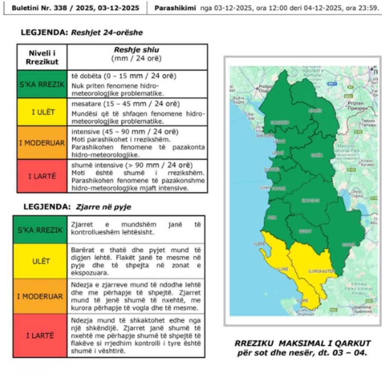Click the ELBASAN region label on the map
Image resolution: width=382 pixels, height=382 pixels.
tap(310, 200)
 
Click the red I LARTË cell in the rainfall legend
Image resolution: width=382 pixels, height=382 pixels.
tap(42, 176)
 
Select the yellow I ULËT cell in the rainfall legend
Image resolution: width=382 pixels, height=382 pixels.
tap(42, 112)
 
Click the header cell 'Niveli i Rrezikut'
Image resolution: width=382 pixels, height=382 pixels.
tap(42, 57)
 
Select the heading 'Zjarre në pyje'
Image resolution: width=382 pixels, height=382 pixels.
tap(104, 207)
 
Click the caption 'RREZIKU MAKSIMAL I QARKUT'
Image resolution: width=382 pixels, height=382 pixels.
tap(303, 343)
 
